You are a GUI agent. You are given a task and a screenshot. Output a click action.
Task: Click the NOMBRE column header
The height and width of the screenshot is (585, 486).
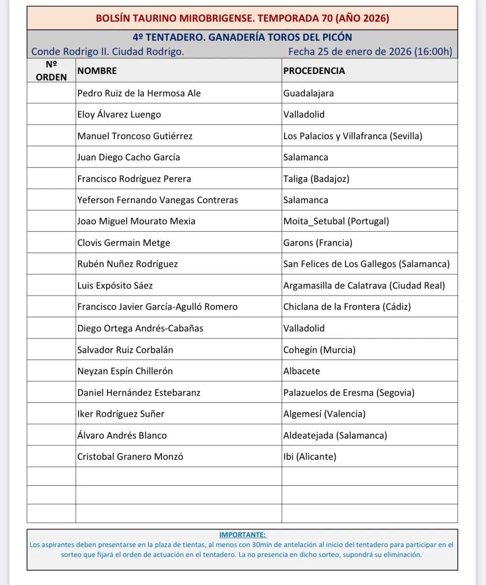pos(97,71)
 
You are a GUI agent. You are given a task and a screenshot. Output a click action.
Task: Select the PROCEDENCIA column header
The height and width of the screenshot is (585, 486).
pos(314,71)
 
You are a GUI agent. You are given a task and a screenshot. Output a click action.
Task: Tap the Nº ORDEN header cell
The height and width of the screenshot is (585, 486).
pos(51,70)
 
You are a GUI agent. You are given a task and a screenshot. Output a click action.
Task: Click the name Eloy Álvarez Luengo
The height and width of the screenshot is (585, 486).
pos(119,114)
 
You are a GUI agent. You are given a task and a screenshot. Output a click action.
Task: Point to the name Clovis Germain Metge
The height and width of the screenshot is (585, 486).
pos(124,243)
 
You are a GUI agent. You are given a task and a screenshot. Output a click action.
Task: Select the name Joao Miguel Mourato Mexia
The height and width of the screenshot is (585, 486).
pos(136,221)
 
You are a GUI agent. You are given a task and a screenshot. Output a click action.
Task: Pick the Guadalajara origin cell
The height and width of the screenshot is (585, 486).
pos(308,93)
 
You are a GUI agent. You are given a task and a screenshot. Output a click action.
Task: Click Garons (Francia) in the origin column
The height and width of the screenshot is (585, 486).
pos(318,243)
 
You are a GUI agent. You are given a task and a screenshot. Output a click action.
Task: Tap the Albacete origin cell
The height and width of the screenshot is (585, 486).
pos(302,371)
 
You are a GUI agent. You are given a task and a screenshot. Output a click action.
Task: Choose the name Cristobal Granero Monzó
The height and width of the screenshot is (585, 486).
pos(130,457)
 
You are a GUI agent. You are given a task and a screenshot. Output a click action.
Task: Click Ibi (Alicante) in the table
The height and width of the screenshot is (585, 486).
pos(309,457)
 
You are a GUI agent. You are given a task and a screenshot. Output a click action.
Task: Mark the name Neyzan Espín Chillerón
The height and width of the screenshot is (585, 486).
pos(125,371)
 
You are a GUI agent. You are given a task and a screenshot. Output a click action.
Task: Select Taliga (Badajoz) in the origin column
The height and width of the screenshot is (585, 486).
pos(316,179)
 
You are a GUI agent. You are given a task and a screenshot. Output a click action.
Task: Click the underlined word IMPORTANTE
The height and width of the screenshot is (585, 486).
pos(242,535)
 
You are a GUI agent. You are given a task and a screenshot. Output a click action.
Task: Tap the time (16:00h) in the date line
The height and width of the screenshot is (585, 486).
pos(433,52)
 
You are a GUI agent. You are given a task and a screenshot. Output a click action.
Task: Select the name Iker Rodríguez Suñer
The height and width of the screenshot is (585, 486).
pos(121,414)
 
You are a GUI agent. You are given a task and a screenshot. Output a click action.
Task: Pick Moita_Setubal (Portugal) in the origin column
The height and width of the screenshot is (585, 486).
pos(336,221)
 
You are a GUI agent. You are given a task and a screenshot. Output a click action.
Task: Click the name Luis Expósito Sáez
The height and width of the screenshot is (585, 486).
pos(115,286)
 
